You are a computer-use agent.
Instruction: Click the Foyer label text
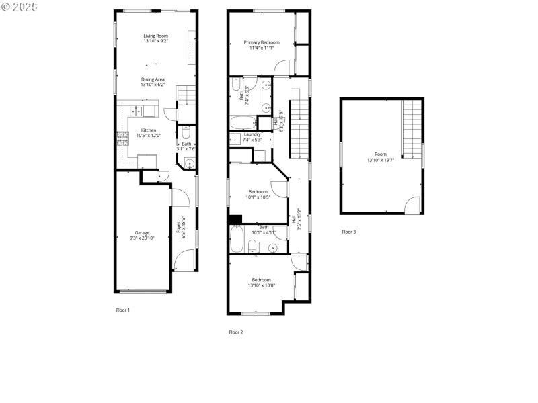[x=180, y=226]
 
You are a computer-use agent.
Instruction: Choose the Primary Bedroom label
[x=261, y=42]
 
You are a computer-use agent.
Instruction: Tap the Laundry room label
[x=252, y=134]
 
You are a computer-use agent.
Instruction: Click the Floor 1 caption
[x=123, y=310]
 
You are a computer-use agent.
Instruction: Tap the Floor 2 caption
[x=235, y=332]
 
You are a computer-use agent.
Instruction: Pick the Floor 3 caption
[x=349, y=232]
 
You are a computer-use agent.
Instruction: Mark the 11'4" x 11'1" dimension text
[x=261, y=48]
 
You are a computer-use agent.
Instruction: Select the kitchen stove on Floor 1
[x=124, y=138]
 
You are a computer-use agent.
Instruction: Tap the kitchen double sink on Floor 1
[x=136, y=111]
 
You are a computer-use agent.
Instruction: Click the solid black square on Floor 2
[x=235, y=219]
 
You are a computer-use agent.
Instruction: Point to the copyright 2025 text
[x=20, y=6]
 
